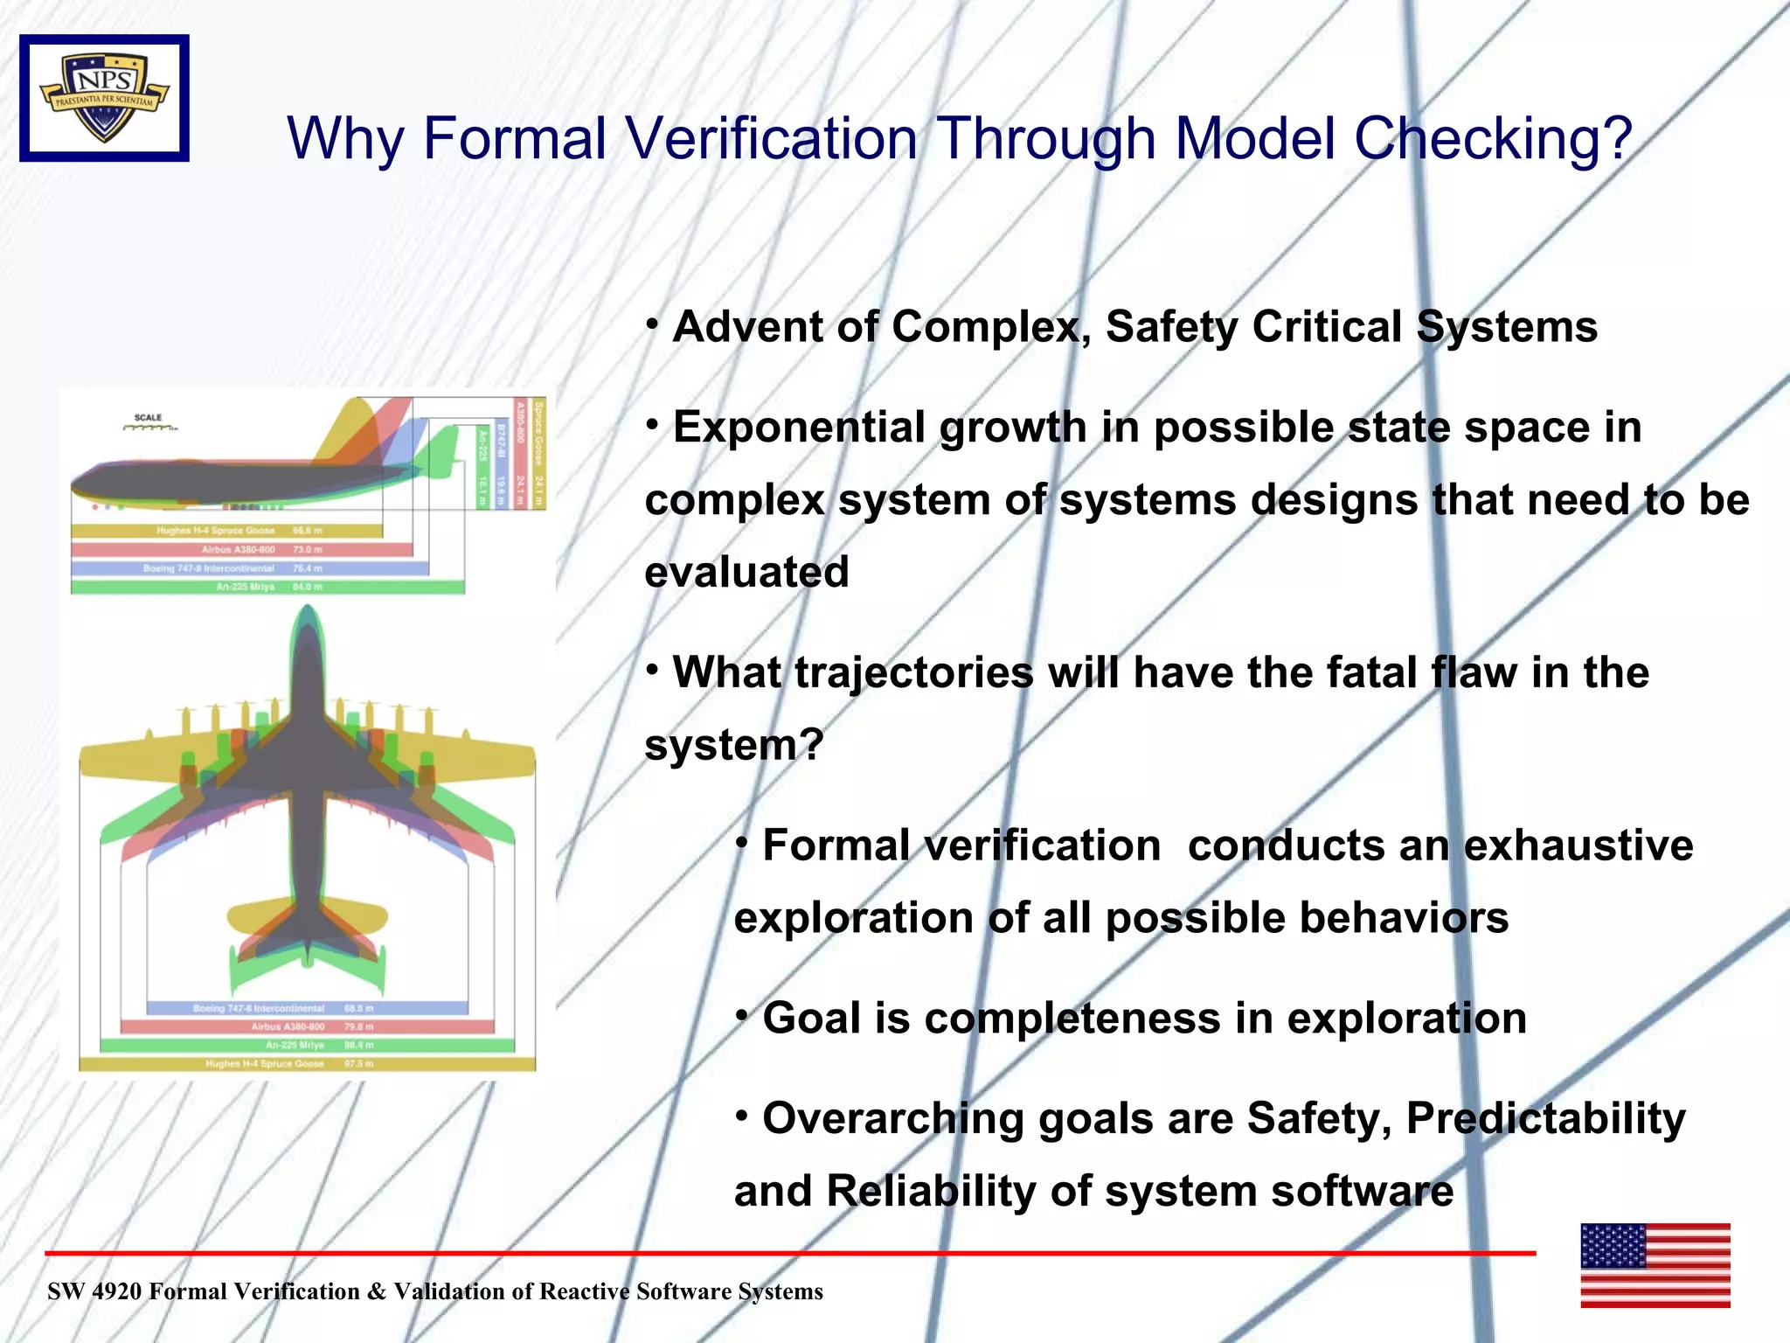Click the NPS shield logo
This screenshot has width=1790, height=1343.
[104, 98]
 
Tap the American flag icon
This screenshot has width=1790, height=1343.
[1655, 1265]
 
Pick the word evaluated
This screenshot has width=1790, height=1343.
[746, 573]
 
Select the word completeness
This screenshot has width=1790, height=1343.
[1072, 1019]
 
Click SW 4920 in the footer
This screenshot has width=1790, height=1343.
[94, 1291]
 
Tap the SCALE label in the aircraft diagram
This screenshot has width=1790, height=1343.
[148, 418]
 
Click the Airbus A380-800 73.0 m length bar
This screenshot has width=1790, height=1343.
[241, 550]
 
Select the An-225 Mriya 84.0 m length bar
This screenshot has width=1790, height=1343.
[267, 587]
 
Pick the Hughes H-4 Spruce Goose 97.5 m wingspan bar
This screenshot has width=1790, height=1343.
[307, 1064]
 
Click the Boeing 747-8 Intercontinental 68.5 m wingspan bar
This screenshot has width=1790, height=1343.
[307, 1008]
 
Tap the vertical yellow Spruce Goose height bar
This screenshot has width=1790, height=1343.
[539, 454]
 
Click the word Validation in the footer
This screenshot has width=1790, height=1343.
[461, 1291]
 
